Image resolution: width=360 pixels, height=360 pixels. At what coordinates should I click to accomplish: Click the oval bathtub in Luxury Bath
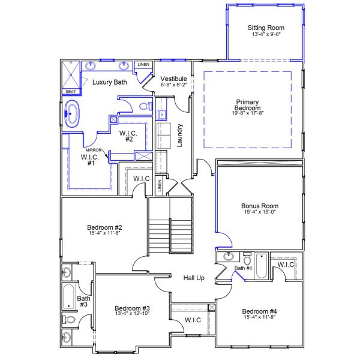pos(72,113)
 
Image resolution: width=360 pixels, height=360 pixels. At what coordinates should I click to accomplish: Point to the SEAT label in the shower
pos(70,91)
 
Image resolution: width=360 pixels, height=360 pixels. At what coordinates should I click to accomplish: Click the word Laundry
pos(179,136)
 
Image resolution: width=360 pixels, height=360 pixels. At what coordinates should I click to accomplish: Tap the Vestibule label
pos(174,79)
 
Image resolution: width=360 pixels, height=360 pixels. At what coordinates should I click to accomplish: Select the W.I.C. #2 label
pos(129,136)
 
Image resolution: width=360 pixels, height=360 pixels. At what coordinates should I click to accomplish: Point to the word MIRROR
pos(93,149)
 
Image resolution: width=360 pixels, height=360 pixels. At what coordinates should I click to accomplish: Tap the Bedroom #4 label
pos(259,311)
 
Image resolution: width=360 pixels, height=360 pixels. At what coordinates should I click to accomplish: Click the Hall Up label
pos(194,278)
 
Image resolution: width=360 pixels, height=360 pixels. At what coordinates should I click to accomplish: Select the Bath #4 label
pos(244,268)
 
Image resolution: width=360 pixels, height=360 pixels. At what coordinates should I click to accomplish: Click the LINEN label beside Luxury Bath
pos(143,64)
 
